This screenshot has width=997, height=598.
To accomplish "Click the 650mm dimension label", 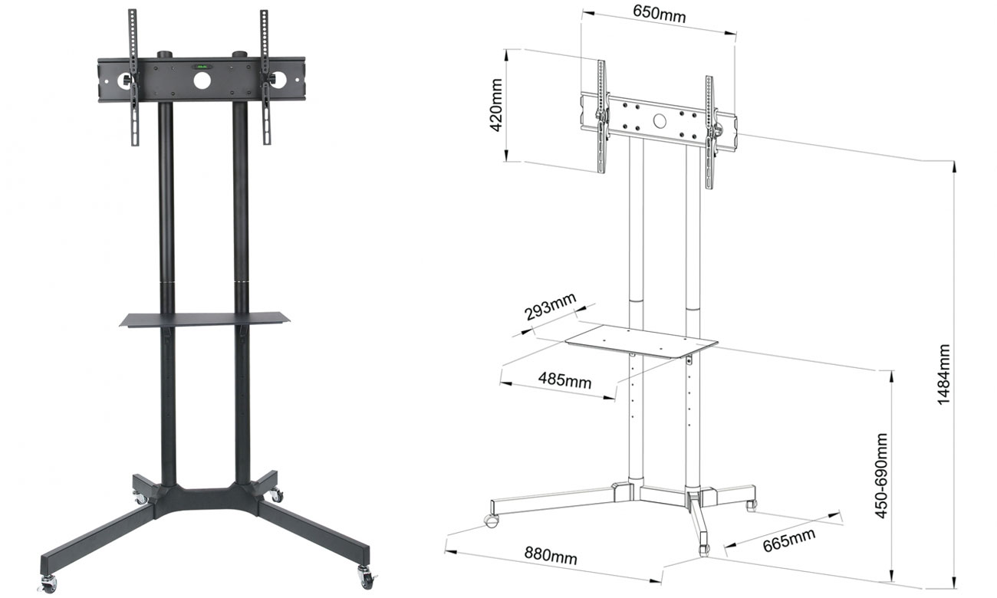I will (660, 15).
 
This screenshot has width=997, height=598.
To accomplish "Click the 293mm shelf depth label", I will (550, 312).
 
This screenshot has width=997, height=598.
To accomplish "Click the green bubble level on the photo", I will (202, 67).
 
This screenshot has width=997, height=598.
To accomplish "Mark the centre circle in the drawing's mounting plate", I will (660, 120).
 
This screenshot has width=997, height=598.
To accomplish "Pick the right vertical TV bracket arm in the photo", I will (266, 77).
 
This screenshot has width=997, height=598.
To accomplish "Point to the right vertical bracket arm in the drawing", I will (710, 132).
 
